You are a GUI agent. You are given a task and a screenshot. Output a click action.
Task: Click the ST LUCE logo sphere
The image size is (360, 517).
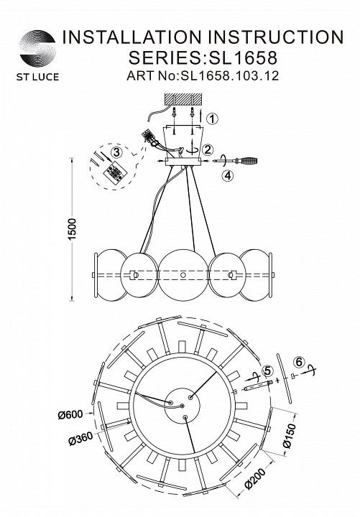click(x=37, y=49)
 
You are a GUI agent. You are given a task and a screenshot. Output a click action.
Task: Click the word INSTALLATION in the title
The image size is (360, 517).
click(x=132, y=37)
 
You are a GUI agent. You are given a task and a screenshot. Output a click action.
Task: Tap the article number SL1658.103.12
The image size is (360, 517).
click(x=229, y=76)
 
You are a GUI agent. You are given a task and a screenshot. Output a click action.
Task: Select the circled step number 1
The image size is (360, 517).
click(x=213, y=118)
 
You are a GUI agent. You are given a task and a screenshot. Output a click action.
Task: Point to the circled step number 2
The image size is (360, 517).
click(x=208, y=150)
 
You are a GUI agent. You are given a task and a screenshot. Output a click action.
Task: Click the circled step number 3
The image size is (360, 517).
click(x=116, y=152)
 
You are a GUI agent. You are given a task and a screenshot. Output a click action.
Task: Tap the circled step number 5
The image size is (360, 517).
click(x=267, y=371)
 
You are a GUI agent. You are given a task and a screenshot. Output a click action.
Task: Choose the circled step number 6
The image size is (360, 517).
click(x=299, y=362)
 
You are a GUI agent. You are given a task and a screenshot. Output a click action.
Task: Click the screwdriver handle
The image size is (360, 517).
click(x=248, y=162)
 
